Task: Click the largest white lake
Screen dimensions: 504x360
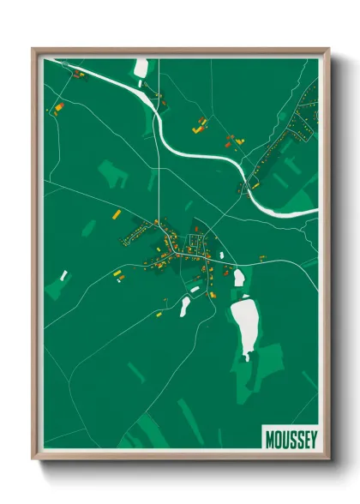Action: coord(245,325)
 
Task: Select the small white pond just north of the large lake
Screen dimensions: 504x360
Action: coord(239,278)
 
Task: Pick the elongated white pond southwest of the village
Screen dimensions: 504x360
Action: coord(184,306)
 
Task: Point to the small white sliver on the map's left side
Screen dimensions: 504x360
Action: coord(63,274)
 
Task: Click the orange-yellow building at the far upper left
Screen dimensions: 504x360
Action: coord(59,109)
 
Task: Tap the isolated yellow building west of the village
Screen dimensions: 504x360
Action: coord(117,273)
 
